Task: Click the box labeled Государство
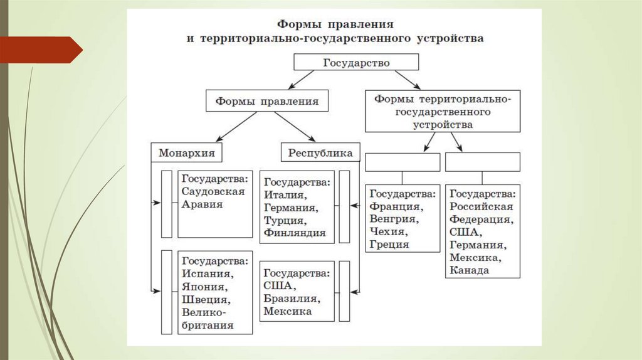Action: coord(356,63)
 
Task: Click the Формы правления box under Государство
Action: coord(266,100)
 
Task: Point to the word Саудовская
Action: coord(213,193)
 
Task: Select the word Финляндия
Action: coord(295,233)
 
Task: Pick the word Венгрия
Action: coord(393,219)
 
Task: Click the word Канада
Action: coord(469,271)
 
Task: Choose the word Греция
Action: coord(389,245)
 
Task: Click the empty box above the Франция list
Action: coord(402,162)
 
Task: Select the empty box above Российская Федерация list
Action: coord(482,162)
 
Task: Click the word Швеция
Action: coord(205,299)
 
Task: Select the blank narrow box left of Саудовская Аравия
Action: coord(166,204)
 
